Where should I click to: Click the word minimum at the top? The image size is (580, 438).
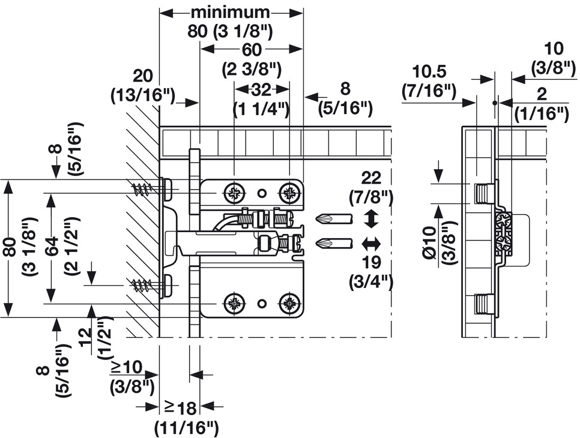pos(230,13)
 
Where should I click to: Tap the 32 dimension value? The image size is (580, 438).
pos(261,89)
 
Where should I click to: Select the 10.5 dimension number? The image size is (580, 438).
pos(429,71)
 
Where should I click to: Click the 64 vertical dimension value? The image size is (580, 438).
pos(52,245)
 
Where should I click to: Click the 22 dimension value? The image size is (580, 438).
pos(371,179)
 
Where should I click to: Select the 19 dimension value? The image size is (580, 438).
pos(371,262)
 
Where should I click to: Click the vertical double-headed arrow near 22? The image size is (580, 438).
pos(371,218)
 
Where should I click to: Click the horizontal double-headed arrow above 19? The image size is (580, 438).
pos(371,244)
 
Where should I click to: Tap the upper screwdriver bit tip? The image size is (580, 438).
pos(316,219)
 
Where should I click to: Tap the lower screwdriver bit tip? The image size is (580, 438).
pos(316,244)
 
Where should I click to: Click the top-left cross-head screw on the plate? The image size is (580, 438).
pos(234,193)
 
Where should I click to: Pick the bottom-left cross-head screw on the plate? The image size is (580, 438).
pos(234,304)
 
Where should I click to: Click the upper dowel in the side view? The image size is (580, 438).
pos(483,193)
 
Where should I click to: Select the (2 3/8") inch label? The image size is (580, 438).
pos(252,70)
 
